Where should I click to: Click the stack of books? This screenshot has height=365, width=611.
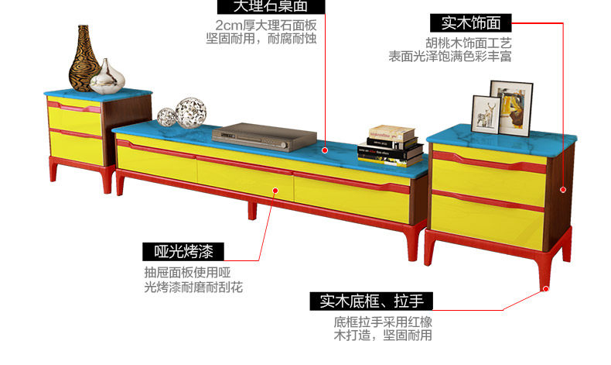coord(390,145)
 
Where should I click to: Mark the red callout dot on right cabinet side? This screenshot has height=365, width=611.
coord(562,189)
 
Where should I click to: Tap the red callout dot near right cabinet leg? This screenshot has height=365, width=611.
coord(546,288)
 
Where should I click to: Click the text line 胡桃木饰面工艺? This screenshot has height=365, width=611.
coord(468,43)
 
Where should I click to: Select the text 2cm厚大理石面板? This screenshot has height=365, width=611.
coord(265,24)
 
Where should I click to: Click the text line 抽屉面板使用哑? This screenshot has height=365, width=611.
coord(187,273)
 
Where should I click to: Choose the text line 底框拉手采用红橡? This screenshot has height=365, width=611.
coord(382,322)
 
